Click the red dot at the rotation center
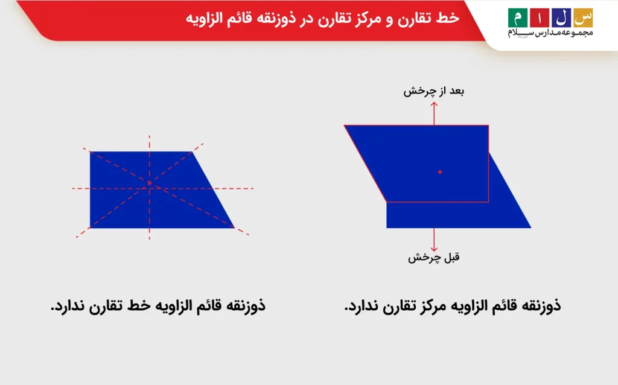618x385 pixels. tap(440, 172)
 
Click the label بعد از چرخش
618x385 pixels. tap(434, 91)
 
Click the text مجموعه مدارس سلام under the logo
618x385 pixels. tap(550, 33)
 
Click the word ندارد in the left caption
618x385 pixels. tap(67, 306)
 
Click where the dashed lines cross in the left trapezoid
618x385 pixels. tap(149, 183)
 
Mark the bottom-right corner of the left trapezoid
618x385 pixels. tap(234, 227)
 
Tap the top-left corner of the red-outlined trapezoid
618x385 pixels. tap(345, 126)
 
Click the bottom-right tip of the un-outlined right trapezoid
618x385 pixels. tap(530, 227)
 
